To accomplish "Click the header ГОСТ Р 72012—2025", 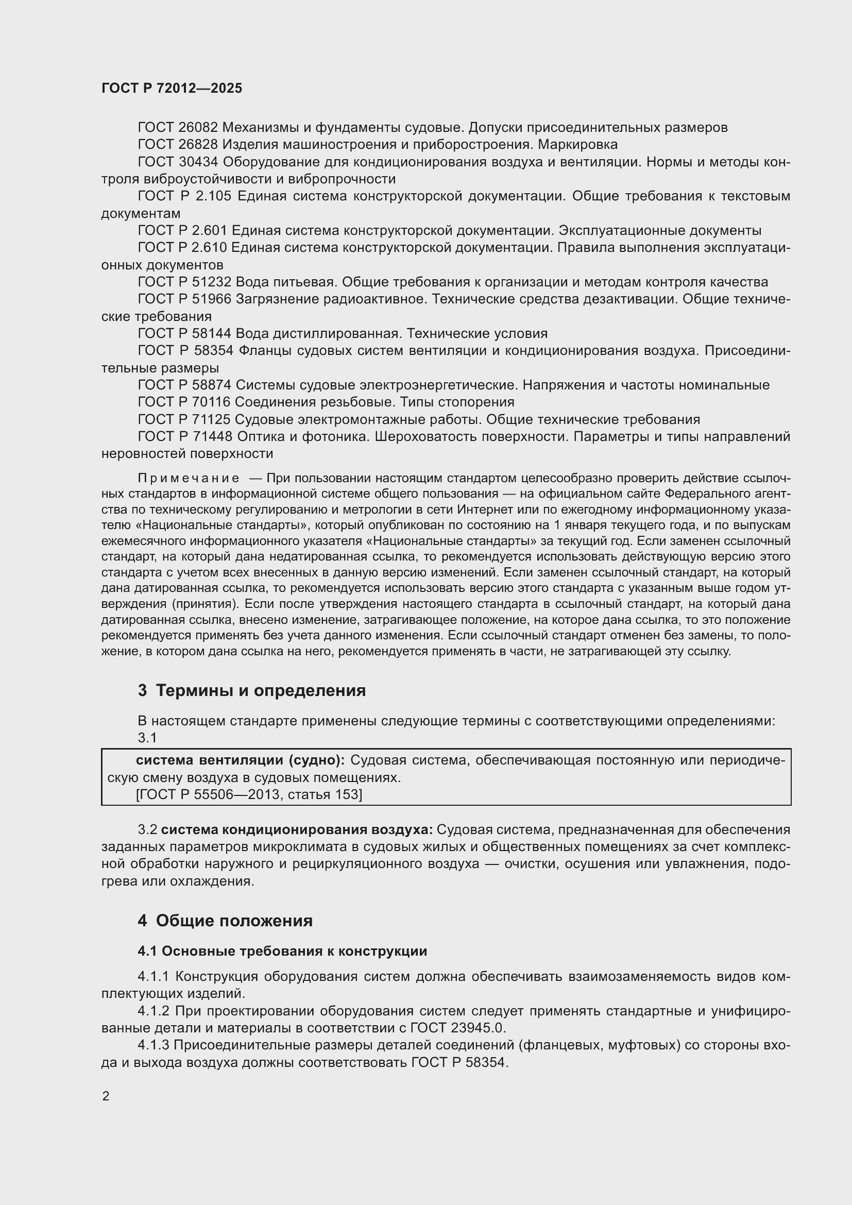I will pos(172,88).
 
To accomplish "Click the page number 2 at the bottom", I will pos(106,1096).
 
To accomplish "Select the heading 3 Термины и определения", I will pos(252,690).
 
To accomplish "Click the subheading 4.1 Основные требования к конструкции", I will pos(282,951).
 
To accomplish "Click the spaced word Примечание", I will pos(189,478).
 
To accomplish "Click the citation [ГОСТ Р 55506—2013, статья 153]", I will pos(249,794).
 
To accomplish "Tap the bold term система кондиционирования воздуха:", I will pos(297,830).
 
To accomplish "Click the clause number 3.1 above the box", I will pos(147,738).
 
